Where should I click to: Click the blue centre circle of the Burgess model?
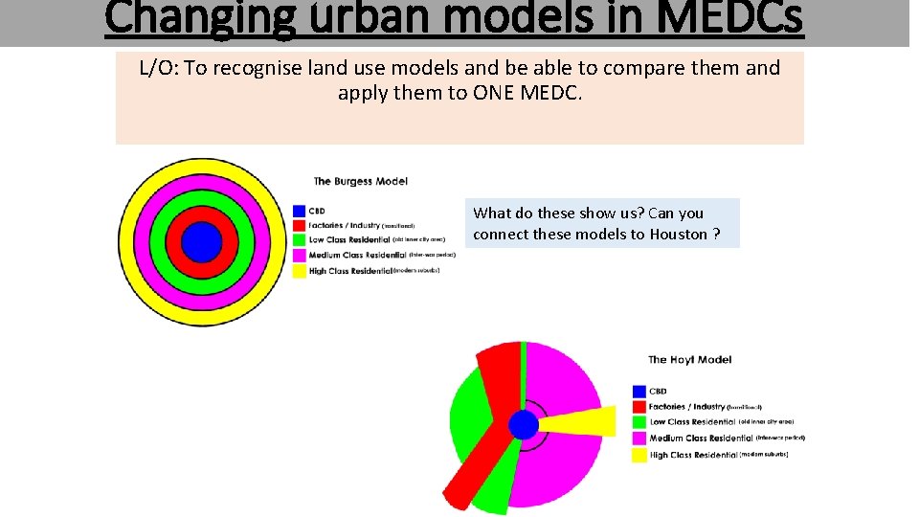[201, 242]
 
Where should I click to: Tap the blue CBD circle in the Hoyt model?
[524, 424]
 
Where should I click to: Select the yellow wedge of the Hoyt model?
[584, 420]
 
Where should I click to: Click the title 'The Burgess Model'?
[360, 181]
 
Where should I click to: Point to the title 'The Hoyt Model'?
[689, 360]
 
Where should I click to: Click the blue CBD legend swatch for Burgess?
[300, 211]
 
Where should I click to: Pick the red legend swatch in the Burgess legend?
[300, 226]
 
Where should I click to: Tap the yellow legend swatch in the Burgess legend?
[300, 271]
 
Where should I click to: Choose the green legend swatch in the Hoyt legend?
[639, 422]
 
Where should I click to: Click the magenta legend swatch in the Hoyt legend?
[639, 438]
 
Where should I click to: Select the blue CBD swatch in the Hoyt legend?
[639, 392]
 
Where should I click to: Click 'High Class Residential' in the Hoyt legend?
[693, 455]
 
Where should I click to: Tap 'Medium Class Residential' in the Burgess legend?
[356, 256]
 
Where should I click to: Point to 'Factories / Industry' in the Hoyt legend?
[687, 407]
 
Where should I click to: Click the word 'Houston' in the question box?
[678, 235]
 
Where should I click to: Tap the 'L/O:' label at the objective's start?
[160, 68]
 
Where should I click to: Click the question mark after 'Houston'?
[717, 235]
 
